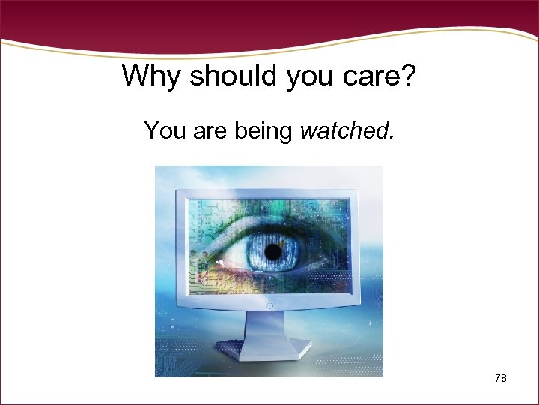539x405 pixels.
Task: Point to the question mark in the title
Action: (408, 76)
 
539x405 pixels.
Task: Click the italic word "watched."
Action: (346, 131)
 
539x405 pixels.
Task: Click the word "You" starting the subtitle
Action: (165, 131)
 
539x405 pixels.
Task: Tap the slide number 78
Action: (501, 379)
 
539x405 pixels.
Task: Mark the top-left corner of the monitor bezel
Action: (177, 191)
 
